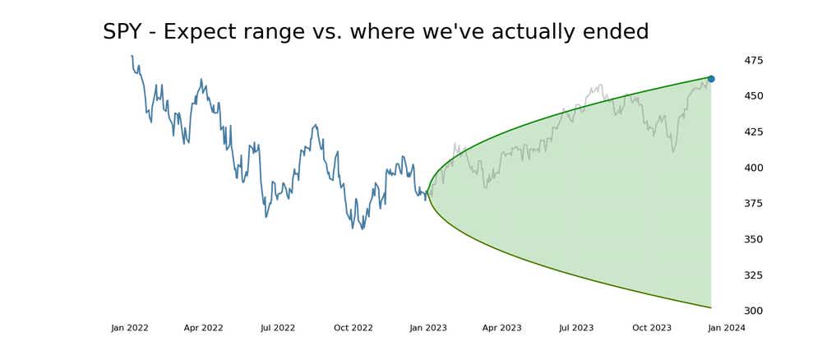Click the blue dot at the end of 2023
(x=711, y=79)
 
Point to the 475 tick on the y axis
(x=753, y=60)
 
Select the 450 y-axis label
(x=753, y=96)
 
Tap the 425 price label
(x=753, y=132)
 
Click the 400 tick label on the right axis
(x=753, y=168)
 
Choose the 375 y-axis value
(x=753, y=204)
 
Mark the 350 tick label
(x=753, y=239)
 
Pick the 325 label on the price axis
(x=753, y=275)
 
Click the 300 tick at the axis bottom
(x=753, y=311)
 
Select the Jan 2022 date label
(x=130, y=328)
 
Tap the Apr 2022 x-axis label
(x=203, y=328)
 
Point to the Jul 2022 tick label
(x=278, y=328)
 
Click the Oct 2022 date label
(x=353, y=328)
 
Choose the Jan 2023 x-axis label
(x=428, y=328)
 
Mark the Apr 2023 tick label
(x=501, y=328)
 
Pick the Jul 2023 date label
(x=576, y=328)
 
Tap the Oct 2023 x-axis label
(x=652, y=328)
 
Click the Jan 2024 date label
(x=727, y=328)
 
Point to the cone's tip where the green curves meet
(x=427, y=193)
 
